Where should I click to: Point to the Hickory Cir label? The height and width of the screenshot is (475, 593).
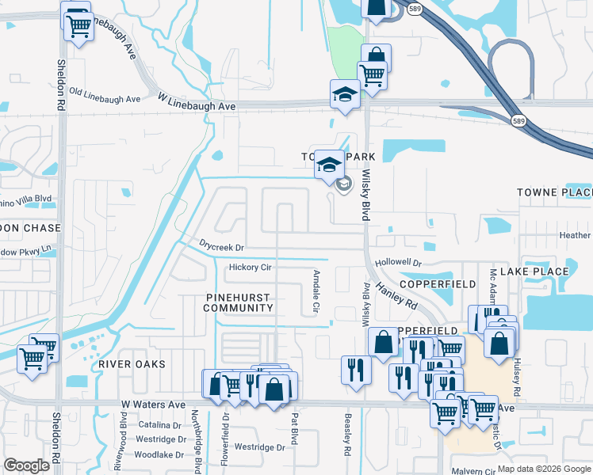(250, 268)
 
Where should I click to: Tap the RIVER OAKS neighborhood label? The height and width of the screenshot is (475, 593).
(132, 364)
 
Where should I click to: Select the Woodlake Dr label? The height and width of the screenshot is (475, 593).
(159, 455)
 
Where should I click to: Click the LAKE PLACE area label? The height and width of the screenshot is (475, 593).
(539, 272)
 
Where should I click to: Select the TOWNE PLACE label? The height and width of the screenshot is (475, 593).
(554, 192)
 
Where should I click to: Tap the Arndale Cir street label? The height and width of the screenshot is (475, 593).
(316, 290)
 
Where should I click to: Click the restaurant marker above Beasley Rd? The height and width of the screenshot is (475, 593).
(356, 369)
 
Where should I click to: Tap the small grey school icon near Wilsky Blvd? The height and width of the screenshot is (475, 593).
(343, 185)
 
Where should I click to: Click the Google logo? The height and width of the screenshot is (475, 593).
(26, 465)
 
